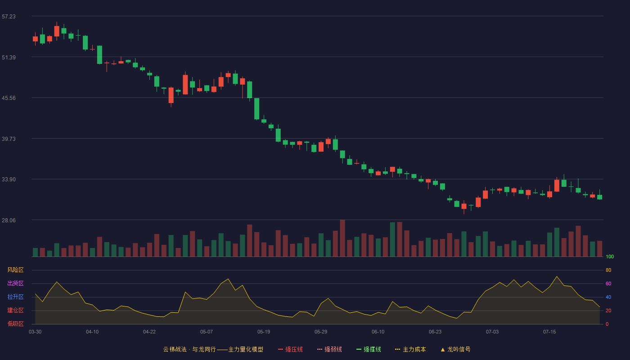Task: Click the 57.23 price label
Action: point(9,17)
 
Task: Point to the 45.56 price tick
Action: point(9,98)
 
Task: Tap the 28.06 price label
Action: point(9,220)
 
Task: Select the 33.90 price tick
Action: point(9,180)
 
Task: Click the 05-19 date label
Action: point(264,332)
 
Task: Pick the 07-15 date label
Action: point(549,332)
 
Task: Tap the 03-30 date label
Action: point(35,332)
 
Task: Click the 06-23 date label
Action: point(435,332)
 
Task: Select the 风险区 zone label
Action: point(15,270)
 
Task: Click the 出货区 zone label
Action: point(15,283)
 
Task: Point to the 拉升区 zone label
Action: point(15,297)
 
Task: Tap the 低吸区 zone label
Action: point(15,324)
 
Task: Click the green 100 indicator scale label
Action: point(610,256)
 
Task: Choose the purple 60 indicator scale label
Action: point(608,283)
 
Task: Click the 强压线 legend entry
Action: point(290,349)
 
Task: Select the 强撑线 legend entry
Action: point(369,349)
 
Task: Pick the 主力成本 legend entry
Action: point(410,349)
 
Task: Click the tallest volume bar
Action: point(342,238)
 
